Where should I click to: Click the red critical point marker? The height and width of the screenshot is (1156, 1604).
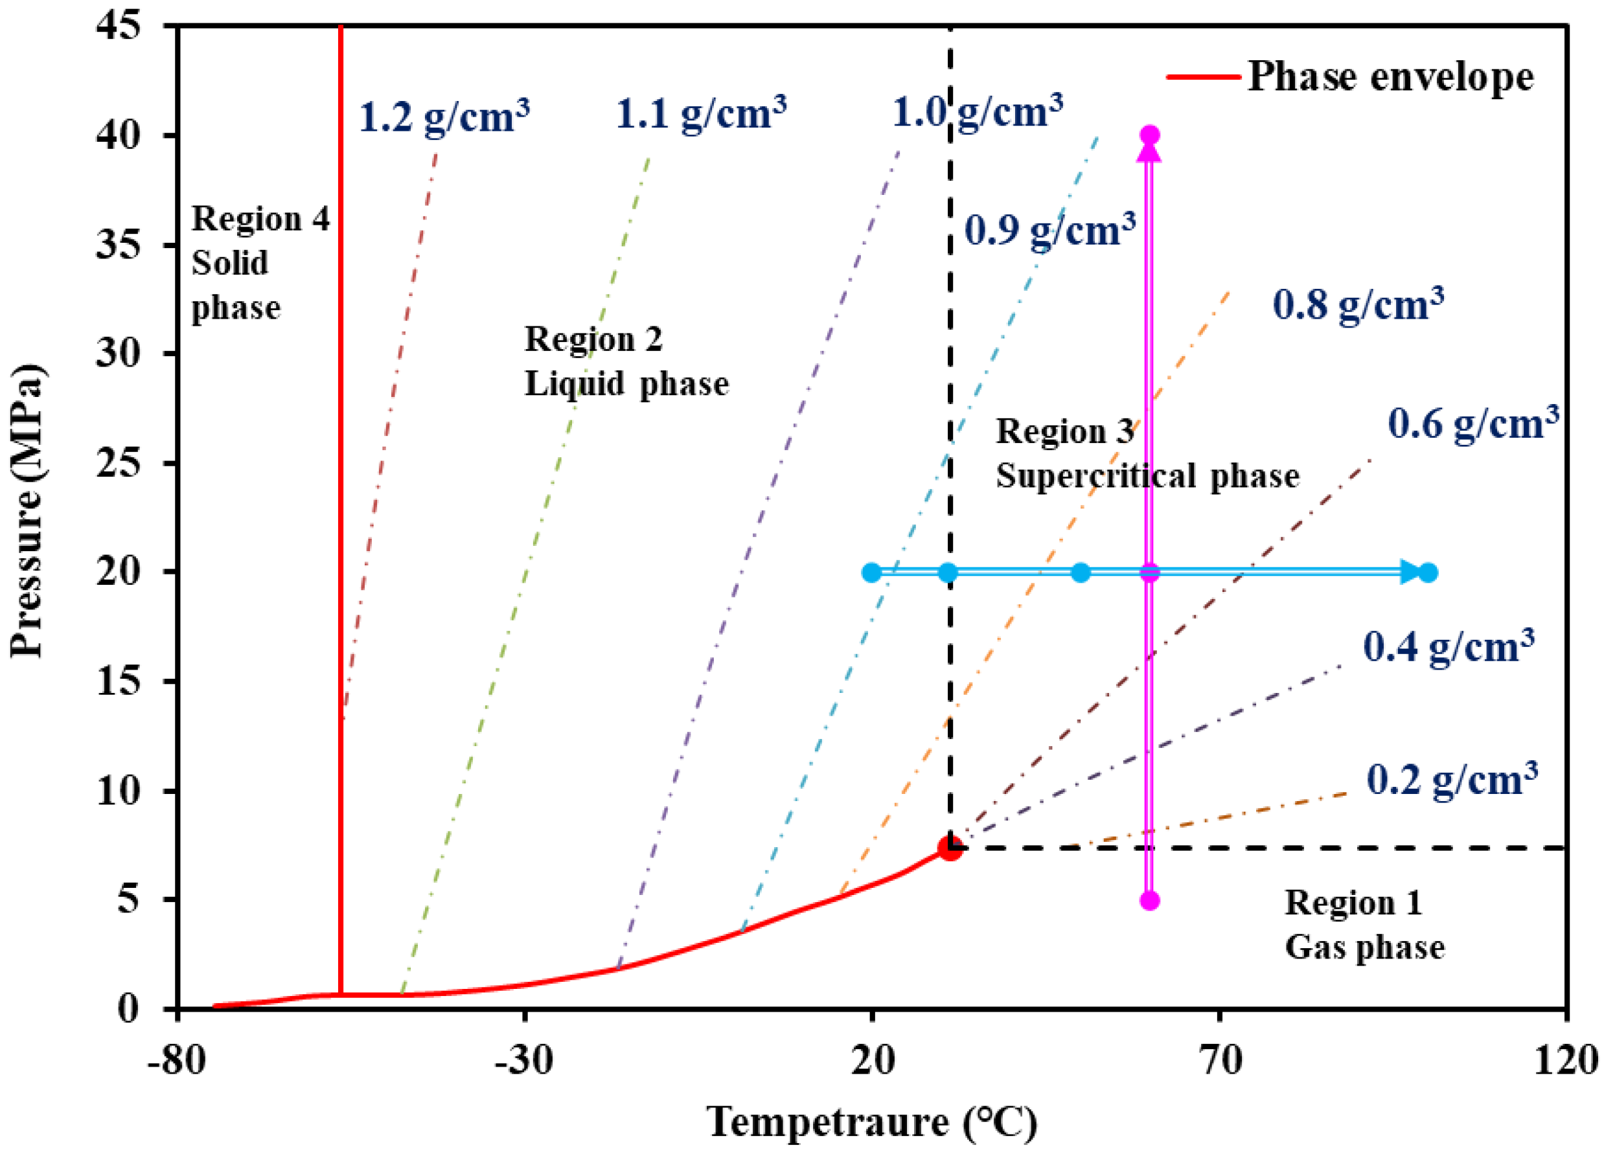coord(950,848)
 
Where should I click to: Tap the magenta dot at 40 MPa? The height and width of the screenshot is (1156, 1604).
coord(1150,134)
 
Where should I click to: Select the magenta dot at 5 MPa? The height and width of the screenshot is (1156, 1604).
coord(1150,901)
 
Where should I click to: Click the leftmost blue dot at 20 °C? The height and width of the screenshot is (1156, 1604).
coord(872,572)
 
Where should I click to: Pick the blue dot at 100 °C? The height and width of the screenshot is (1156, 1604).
coord(1428,572)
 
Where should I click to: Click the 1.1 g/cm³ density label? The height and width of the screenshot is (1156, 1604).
coord(701,113)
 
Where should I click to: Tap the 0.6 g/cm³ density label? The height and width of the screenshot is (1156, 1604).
coord(1473,424)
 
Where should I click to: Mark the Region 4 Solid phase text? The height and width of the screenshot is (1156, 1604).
coord(260,263)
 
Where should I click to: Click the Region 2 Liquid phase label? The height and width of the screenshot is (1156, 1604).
coord(626,361)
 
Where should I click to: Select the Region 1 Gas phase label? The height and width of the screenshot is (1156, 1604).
coord(1364,925)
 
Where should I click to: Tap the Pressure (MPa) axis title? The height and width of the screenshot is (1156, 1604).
coord(27,510)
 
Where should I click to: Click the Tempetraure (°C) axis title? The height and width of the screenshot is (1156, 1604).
coord(871,1122)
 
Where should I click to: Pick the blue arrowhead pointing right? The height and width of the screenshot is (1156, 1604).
coord(1410,571)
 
